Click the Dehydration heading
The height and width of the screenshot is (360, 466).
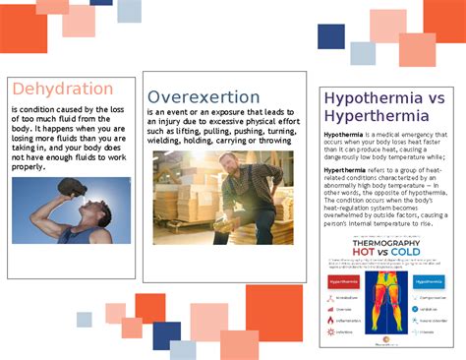(62, 89)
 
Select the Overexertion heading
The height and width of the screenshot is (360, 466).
(204, 96)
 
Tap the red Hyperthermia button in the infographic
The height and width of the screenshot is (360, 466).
(341, 279)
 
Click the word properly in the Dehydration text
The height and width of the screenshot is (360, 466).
(29, 167)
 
